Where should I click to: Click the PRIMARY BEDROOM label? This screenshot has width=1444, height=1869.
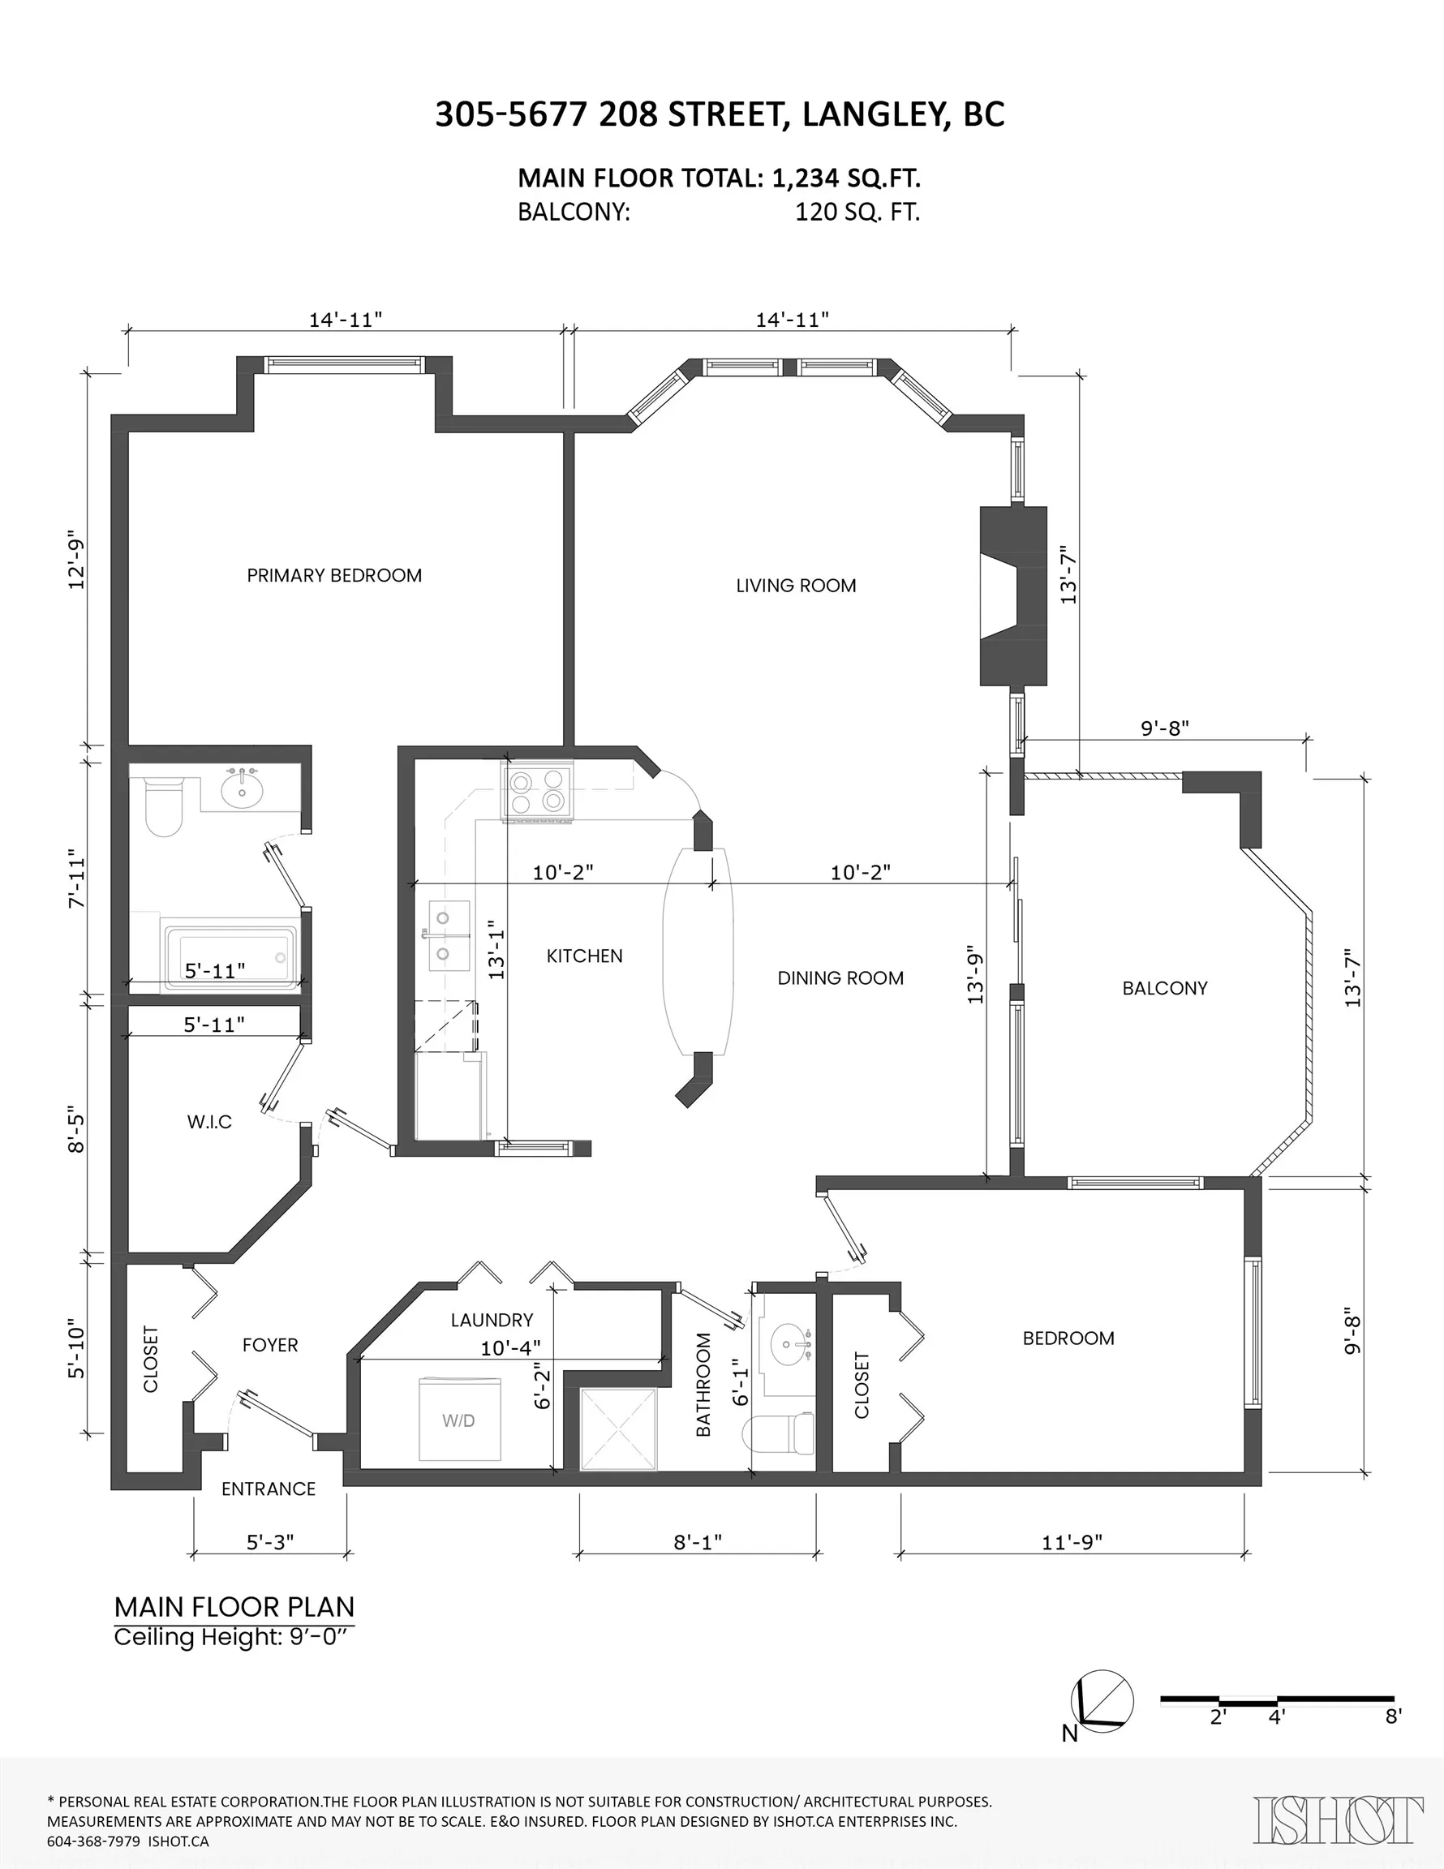tap(333, 575)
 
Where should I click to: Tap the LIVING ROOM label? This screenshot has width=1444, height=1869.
tap(796, 586)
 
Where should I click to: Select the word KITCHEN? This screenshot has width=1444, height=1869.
tap(585, 956)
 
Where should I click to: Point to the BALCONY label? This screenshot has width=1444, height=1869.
tap(1165, 987)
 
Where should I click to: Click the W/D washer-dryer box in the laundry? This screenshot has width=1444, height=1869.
tap(460, 1420)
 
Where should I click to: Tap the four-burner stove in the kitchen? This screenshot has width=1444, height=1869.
tap(538, 792)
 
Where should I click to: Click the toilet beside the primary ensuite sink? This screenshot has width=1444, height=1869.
tap(164, 806)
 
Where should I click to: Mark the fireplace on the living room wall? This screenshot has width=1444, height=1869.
tap(1013, 595)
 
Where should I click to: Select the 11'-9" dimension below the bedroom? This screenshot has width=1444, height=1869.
tap(1072, 1541)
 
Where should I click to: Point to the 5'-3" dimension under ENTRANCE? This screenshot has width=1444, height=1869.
tap(269, 1541)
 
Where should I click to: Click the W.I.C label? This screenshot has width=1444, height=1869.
tap(210, 1122)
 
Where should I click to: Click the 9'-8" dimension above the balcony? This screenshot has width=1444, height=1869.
tap(1165, 728)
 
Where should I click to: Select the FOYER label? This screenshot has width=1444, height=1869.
tap(270, 1344)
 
